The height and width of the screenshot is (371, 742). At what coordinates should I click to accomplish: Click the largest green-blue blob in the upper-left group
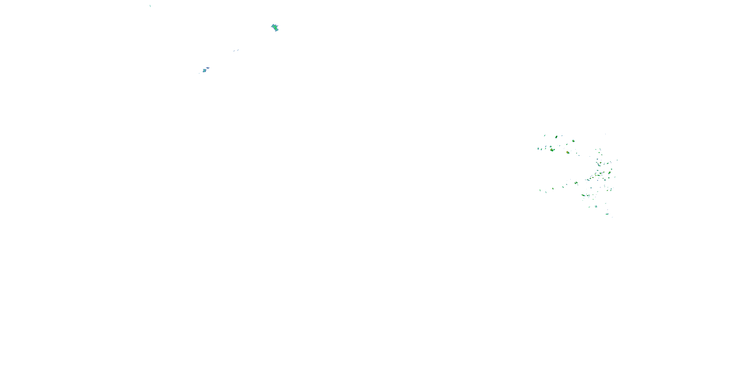click(x=275, y=28)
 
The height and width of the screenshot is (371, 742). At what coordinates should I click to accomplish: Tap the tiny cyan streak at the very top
click(x=150, y=6)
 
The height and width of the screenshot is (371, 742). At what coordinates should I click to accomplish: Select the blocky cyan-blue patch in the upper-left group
click(x=204, y=70)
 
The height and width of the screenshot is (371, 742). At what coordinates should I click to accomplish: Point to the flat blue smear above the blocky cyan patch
click(x=208, y=68)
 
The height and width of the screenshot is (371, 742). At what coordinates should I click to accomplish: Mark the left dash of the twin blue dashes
click(x=234, y=51)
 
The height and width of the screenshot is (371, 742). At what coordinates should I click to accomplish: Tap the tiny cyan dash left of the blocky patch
click(x=199, y=73)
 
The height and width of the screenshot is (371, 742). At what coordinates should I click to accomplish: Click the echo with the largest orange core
click(x=567, y=152)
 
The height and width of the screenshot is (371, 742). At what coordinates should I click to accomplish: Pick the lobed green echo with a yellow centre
click(x=552, y=150)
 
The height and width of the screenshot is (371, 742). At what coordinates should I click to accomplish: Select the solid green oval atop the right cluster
click(x=556, y=137)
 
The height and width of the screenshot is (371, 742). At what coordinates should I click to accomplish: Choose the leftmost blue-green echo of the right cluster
click(x=538, y=149)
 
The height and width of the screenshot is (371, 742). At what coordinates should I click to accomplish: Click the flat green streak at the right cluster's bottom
click(x=607, y=214)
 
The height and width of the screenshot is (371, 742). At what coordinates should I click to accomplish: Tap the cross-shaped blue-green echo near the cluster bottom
click(x=596, y=206)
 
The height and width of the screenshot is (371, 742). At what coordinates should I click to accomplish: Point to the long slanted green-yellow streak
click(x=583, y=195)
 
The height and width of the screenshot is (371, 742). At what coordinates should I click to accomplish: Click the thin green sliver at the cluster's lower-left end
click(x=540, y=190)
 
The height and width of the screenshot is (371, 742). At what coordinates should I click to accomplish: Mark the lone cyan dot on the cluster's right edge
click(x=617, y=160)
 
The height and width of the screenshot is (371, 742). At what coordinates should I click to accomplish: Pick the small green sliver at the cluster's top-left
click(x=544, y=135)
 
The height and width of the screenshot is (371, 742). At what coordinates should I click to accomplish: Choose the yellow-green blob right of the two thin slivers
click(x=553, y=189)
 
